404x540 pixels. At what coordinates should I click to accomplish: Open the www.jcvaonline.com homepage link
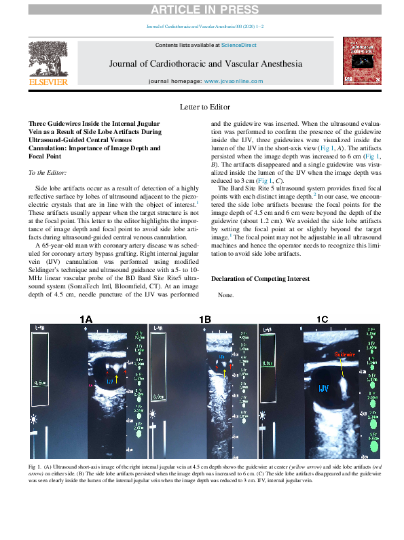(234, 81)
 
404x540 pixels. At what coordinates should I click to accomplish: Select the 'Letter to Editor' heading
(205, 107)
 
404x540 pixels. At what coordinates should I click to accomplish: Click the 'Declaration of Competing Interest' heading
(261, 279)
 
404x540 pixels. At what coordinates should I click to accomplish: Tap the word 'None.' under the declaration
(225, 296)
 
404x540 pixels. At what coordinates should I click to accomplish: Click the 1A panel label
(86, 319)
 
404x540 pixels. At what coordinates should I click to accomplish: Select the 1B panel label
(204, 319)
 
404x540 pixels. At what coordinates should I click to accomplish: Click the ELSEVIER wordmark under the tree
(47, 82)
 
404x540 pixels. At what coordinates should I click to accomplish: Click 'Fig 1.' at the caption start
(35, 468)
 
